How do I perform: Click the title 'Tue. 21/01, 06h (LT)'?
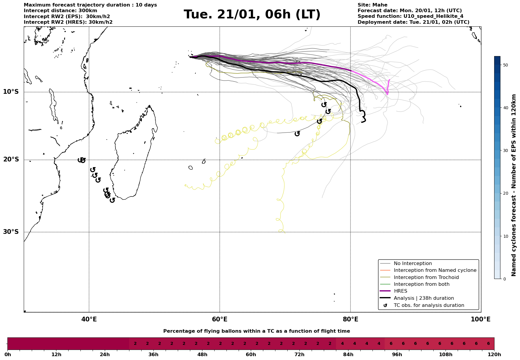click(x=252, y=15)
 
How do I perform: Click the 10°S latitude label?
click(x=11, y=92)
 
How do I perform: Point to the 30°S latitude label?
click(x=11, y=232)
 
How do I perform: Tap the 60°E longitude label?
click(x=220, y=319)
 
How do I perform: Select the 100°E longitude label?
click(x=481, y=319)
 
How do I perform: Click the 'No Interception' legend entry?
click(x=413, y=264)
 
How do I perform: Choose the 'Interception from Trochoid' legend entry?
click(x=426, y=277)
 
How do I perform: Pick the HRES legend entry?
click(x=400, y=291)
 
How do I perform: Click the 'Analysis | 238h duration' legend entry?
click(x=424, y=298)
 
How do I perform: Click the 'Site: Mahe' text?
click(x=372, y=5)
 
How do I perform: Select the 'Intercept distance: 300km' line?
click(x=60, y=11)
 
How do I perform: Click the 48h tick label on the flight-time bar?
click(x=202, y=355)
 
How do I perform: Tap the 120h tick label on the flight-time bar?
click(x=494, y=355)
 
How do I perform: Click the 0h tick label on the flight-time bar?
click(x=8, y=355)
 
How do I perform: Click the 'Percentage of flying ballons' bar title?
click(x=256, y=331)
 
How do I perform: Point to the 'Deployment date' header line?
click(x=413, y=22)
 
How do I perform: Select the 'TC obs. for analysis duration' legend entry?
click(x=429, y=305)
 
